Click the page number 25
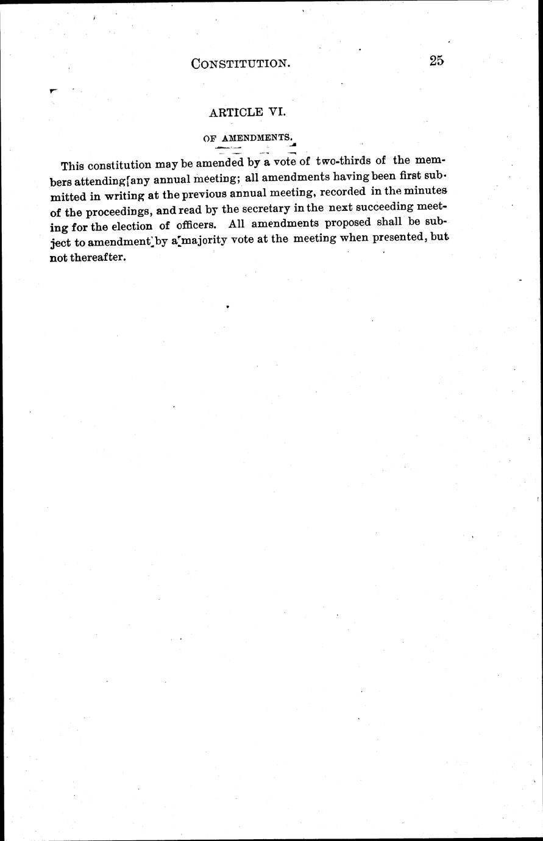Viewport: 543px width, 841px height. [x=436, y=60]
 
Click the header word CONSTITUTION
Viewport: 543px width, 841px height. [x=239, y=63]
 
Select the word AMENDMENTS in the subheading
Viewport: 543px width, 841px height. [x=256, y=138]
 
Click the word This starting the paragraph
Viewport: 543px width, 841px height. [x=73, y=166]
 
